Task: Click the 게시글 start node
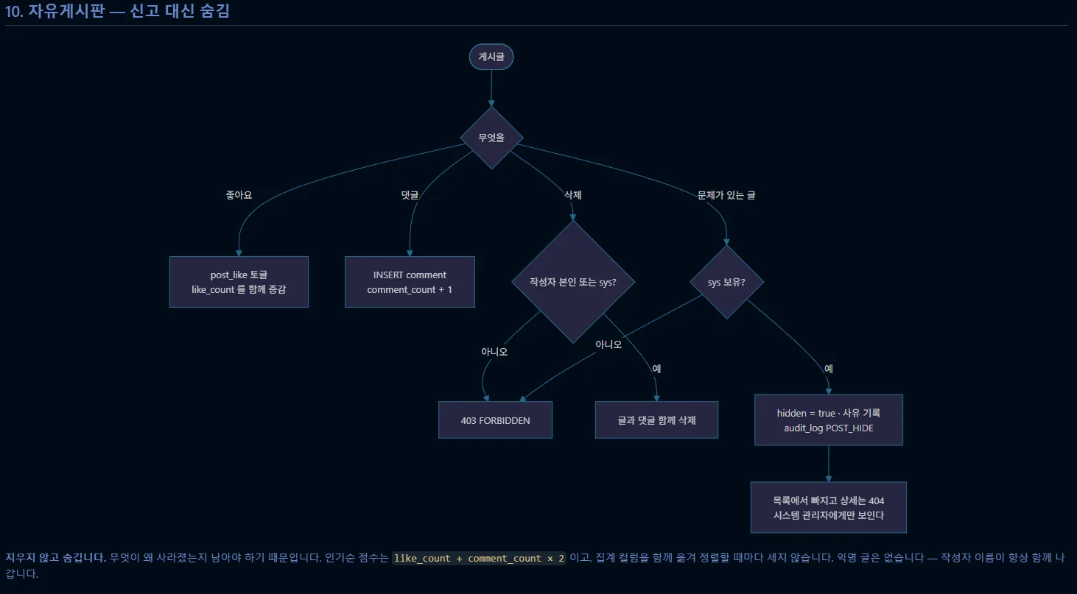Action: pos(491,57)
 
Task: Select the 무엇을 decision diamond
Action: pos(491,138)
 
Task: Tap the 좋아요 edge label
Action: pos(239,195)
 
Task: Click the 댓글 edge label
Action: pos(410,195)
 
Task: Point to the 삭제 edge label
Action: pos(572,195)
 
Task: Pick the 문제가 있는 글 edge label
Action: pos(726,195)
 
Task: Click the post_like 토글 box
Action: pos(239,282)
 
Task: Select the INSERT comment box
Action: pos(410,282)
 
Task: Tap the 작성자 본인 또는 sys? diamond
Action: pos(572,282)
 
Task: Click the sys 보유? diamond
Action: pos(726,282)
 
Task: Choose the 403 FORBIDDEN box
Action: pos(495,420)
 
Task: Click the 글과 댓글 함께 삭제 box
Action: pos(656,420)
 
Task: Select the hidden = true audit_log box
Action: pos(829,420)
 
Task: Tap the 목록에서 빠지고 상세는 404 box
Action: pos(829,507)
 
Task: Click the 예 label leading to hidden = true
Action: pos(829,369)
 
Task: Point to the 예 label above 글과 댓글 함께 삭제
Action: pos(656,369)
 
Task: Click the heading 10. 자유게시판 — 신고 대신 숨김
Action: pos(117,10)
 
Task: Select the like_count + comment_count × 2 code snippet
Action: pos(479,558)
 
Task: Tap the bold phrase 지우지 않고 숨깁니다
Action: pos(55,557)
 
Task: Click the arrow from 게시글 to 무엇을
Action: pos(491,88)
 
